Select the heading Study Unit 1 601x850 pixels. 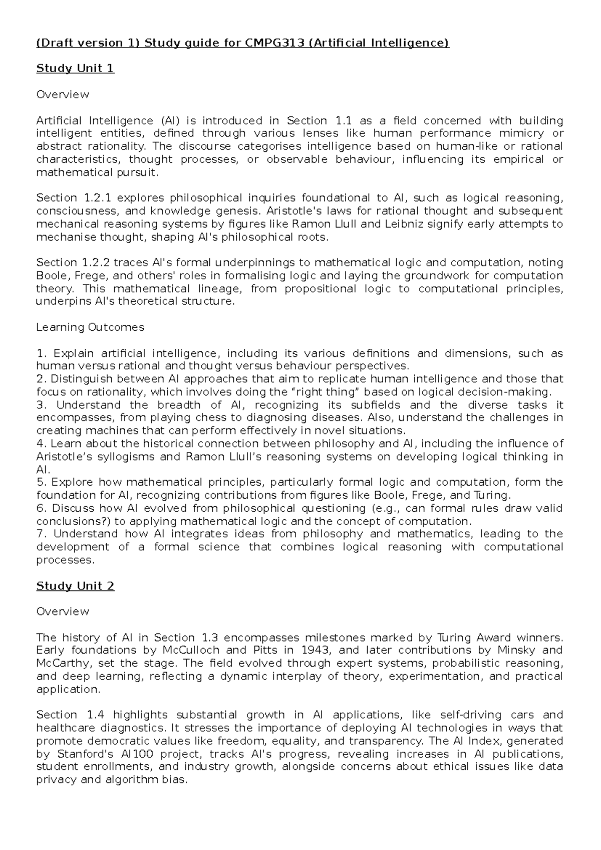point(75,69)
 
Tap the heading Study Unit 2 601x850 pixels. point(75,586)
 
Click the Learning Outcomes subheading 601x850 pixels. point(90,327)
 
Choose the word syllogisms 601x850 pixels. point(126,457)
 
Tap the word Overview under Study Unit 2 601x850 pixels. point(63,611)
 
